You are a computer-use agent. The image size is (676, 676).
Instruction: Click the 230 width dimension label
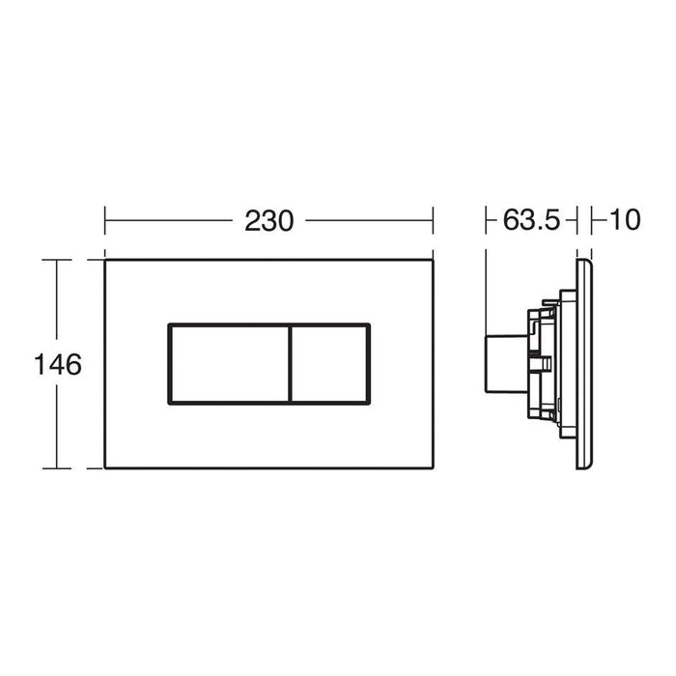point(268,220)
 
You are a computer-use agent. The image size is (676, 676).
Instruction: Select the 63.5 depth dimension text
point(531,220)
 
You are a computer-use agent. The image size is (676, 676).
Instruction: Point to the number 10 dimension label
point(625,220)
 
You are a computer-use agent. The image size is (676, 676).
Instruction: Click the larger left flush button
point(228,362)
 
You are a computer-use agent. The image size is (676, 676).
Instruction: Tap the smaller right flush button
point(329,362)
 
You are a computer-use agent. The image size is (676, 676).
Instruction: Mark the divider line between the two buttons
point(289,362)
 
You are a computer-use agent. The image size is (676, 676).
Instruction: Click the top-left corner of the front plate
point(104,260)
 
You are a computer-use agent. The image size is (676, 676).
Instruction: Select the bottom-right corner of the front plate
point(432,468)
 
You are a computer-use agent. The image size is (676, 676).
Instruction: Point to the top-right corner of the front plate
point(432,260)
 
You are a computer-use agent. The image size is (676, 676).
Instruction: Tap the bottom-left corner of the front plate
point(104,468)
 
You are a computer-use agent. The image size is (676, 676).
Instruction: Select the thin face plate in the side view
point(584,364)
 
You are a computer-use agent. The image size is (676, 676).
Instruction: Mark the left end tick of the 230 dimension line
point(104,220)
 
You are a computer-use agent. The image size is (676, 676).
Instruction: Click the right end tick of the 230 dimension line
point(432,220)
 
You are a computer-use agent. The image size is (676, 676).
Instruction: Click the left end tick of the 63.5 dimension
point(485,220)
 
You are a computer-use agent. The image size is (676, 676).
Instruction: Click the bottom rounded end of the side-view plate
point(584,466)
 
